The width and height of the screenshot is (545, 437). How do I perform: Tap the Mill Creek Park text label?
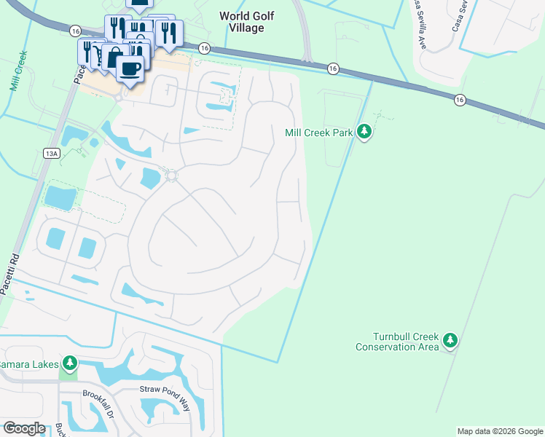tap(318, 133)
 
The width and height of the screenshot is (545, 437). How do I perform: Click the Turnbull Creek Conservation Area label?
tap(397, 342)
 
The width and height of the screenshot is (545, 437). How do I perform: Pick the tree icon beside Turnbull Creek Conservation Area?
tap(451, 340)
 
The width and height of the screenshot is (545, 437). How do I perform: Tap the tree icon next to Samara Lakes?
tap(70, 362)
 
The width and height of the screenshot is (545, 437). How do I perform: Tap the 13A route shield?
tap(50, 153)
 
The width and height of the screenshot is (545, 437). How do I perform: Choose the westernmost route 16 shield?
tap(75, 31)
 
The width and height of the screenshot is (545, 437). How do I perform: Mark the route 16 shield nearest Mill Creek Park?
tap(333, 68)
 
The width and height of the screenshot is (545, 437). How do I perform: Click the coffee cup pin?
tap(130, 68)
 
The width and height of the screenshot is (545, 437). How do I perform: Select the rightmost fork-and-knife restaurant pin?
tap(168, 31)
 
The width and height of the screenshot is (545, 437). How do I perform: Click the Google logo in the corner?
tap(23, 428)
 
